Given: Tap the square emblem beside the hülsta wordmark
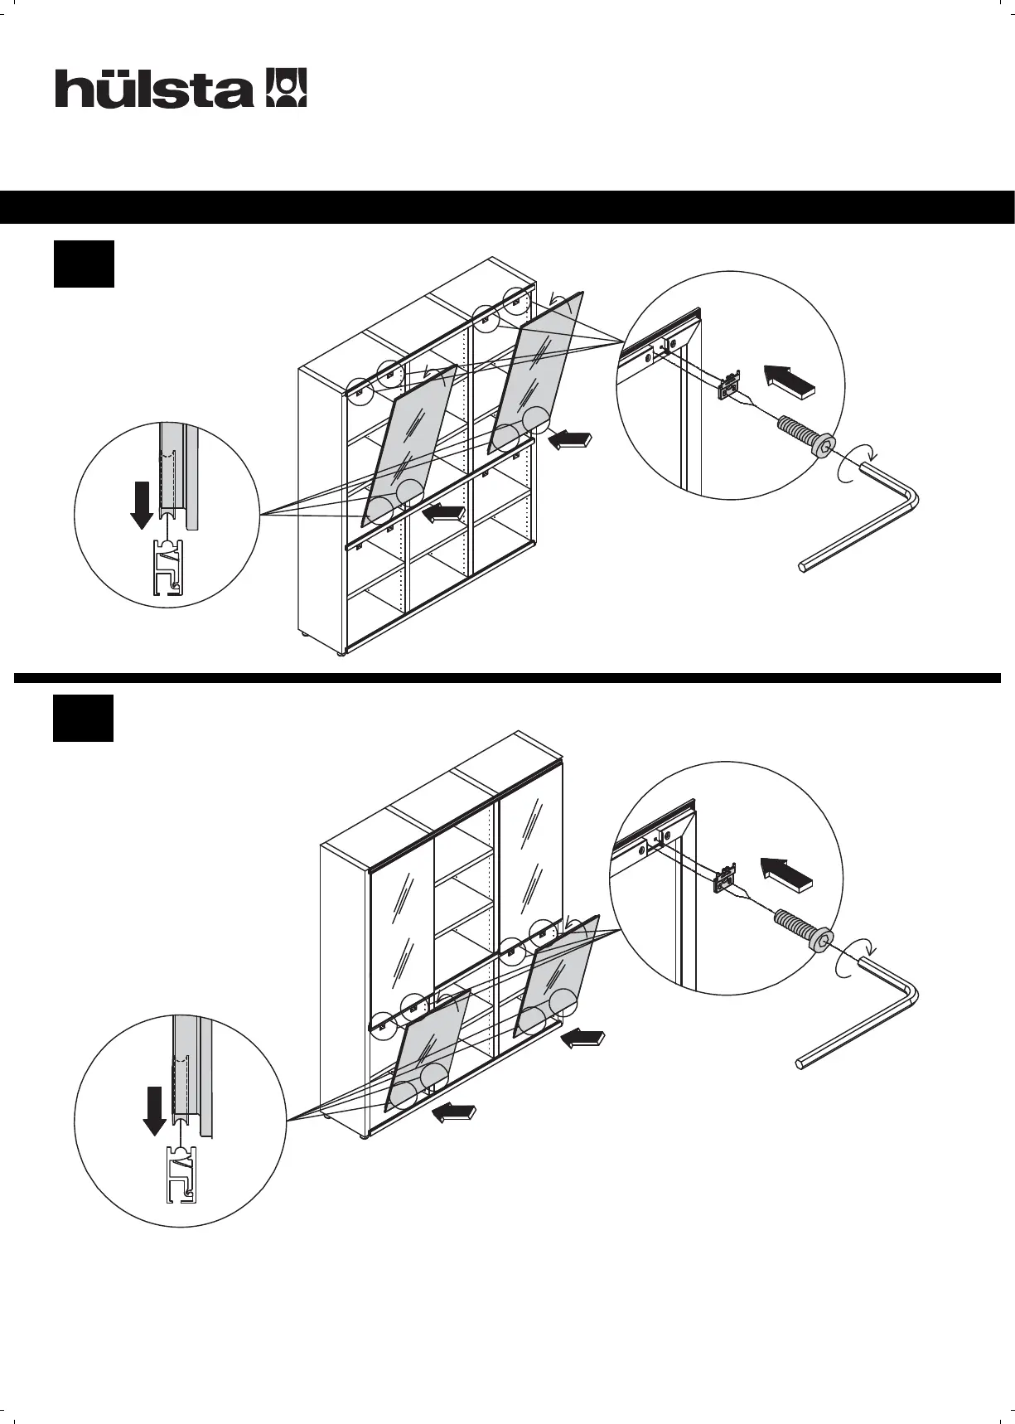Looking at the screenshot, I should (286, 88).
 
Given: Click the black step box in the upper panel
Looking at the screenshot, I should (84, 264).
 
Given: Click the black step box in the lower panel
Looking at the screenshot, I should (84, 719).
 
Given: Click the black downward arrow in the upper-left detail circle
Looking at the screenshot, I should (142, 504).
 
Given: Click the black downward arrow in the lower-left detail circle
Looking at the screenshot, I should (154, 1111).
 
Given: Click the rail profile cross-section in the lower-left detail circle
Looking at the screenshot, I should (181, 1172).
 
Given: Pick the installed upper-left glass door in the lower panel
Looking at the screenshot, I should (401, 928).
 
